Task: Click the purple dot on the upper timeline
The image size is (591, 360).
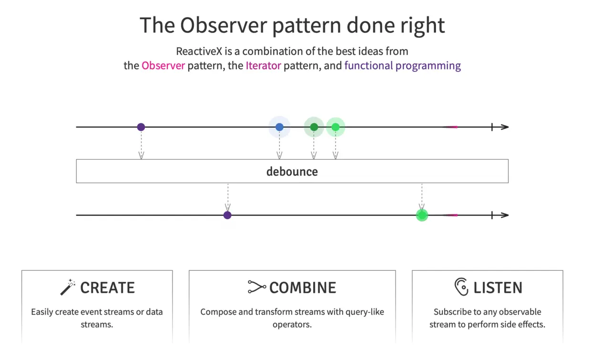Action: [141, 127]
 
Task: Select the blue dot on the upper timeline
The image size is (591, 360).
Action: [279, 127]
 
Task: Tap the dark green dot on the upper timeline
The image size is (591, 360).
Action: [314, 127]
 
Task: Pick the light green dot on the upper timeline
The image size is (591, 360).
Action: [336, 127]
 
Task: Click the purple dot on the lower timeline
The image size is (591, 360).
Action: [227, 215]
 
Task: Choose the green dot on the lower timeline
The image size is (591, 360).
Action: [422, 215]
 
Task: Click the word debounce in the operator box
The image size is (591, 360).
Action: [292, 172]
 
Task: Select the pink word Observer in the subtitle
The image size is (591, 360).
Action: [163, 65]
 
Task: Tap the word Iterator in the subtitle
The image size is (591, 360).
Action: [263, 65]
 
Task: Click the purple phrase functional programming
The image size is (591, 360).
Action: [403, 66]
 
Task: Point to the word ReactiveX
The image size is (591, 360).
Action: [199, 51]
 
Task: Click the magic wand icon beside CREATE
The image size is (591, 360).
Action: [68, 287]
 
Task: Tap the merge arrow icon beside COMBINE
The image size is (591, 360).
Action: [257, 287]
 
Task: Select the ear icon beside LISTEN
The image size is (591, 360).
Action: [461, 287]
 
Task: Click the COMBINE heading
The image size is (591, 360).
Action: [303, 288]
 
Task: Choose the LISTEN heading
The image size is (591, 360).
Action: [498, 288]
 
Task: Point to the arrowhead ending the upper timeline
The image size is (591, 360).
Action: [505, 127]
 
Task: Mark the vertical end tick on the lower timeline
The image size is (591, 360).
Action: [492, 215]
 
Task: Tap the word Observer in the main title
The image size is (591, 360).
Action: [224, 25]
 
